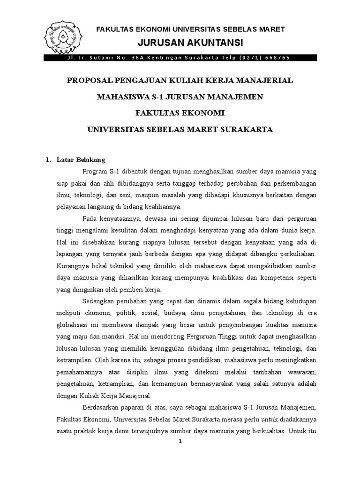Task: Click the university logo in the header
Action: coord(63,35)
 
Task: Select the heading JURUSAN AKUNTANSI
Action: coord(190,43)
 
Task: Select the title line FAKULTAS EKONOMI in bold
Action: coord(180,112)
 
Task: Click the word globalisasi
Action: coord(75,325)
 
